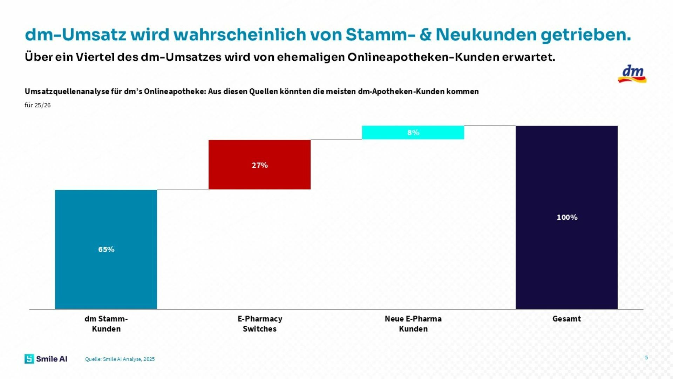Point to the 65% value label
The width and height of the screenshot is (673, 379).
click(x=106, y=250)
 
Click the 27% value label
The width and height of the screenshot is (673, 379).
click(x=260, y=165)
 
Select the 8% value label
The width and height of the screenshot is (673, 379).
click(x=413, y=133)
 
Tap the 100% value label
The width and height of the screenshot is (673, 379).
click(x=567, y=218)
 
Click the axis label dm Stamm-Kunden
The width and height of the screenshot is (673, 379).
click(x=106, y=324)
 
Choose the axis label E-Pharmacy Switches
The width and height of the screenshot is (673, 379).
click(x=260, y=324)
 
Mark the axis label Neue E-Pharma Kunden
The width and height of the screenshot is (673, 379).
click(x=413, y=324)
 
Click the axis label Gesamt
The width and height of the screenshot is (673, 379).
click(x=566, y=319)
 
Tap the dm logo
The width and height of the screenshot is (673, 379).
click(x=632, y=74)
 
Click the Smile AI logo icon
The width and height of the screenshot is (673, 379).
click(x=29, y=359)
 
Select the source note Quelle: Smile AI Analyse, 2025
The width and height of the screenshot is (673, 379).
click(x=120, y=359)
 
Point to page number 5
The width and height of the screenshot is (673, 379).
click(x=646, y=358)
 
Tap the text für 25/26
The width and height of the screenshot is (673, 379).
click(x=38, y=105)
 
